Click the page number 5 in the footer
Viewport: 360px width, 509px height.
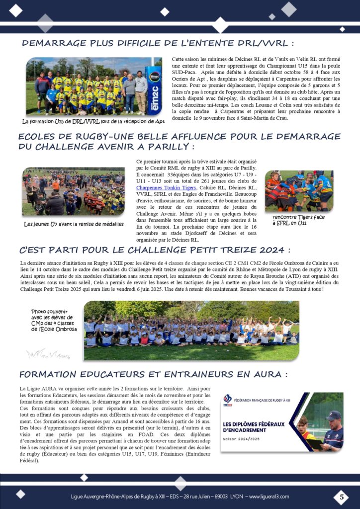coord(341,497)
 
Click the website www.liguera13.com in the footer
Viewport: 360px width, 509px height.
coord(269,497)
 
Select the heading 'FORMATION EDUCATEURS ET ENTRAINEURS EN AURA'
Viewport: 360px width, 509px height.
coord(153,374)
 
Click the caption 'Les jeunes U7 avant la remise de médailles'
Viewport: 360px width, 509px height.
coord(74,224)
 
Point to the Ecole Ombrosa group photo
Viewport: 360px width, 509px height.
coord(191,330)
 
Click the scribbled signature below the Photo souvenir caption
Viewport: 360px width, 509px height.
coord(48,354)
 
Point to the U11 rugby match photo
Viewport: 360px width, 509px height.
coord(298,191)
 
